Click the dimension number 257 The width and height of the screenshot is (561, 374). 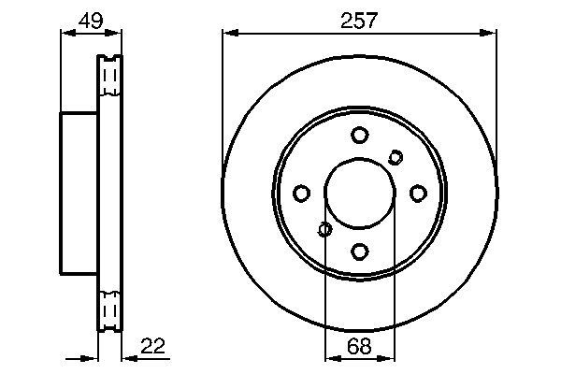(359, 20)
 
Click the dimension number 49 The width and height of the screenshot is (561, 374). (91, 20)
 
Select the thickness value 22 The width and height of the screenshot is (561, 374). (153, 346)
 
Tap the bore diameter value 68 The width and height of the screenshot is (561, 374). (359, 346)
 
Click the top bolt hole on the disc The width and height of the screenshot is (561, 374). (360, 135)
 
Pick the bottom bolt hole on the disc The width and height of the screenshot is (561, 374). (360, 251)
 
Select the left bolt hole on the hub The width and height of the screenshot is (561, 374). (301, 193)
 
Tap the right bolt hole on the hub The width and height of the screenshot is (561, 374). (418, 193)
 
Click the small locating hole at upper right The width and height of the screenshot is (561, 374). (396, 156)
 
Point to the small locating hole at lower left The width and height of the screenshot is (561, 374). (325, 229)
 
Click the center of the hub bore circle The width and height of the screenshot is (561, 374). (360, 193)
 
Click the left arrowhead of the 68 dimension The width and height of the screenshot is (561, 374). (329, 358)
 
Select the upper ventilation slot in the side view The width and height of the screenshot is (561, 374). (110, 76)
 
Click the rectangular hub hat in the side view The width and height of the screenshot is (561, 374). (79, 193)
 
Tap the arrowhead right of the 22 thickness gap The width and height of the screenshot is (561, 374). (127, 358)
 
